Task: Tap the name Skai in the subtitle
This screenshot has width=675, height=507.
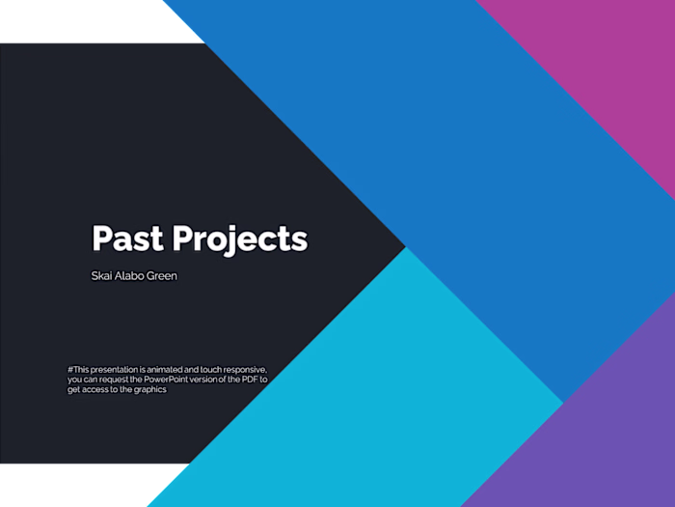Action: [x=102, y=276]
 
